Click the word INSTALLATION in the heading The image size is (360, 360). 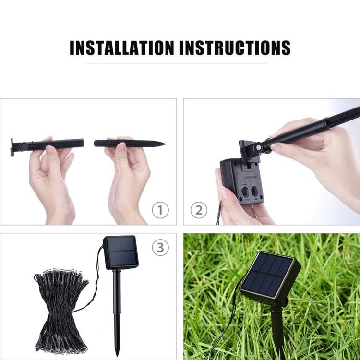coord(122,48)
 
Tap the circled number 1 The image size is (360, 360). coord(160,210)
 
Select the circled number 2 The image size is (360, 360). coord(199,210)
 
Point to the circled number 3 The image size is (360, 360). coord(160,248)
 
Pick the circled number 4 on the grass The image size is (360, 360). coord(198,248)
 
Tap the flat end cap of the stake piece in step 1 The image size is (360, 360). coord(12,147)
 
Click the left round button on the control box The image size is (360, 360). coord(245,192)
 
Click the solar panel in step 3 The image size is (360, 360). coord(120,252)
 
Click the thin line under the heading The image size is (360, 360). coord(177,63)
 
